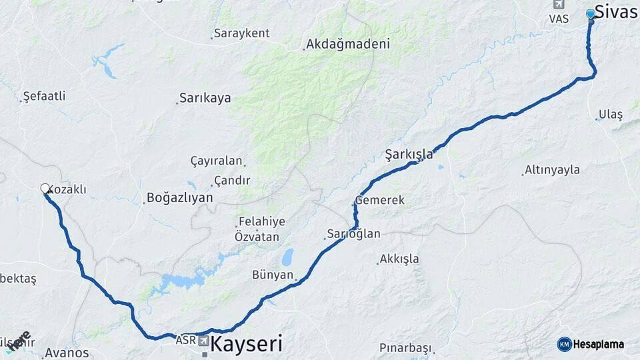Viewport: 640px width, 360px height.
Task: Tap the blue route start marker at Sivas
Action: point(591,14)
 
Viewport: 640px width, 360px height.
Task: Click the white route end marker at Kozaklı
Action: point(45,189)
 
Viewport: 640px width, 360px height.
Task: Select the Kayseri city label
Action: point(246,345)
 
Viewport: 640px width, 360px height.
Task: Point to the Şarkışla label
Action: point(409,155)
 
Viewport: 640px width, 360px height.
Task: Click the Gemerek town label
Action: point(380,200)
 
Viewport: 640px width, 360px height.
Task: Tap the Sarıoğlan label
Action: point(353,234)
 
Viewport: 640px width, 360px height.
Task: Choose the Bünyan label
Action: point(273,275)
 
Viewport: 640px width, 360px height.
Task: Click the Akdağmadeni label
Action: point(347,44)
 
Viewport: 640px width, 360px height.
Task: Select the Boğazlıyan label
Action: point(179,197)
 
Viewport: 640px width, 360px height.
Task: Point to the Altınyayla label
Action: point(552,170)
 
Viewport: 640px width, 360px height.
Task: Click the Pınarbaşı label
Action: point(406,347)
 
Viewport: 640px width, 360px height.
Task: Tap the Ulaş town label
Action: point(611,115)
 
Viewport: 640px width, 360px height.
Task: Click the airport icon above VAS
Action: point(558,4)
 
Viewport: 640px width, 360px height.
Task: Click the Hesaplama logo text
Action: point(598,345)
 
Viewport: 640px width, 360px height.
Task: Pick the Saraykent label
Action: point(241,33)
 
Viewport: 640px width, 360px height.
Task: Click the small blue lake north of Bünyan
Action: point(287,257)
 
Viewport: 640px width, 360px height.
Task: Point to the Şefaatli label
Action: point(44,96)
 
